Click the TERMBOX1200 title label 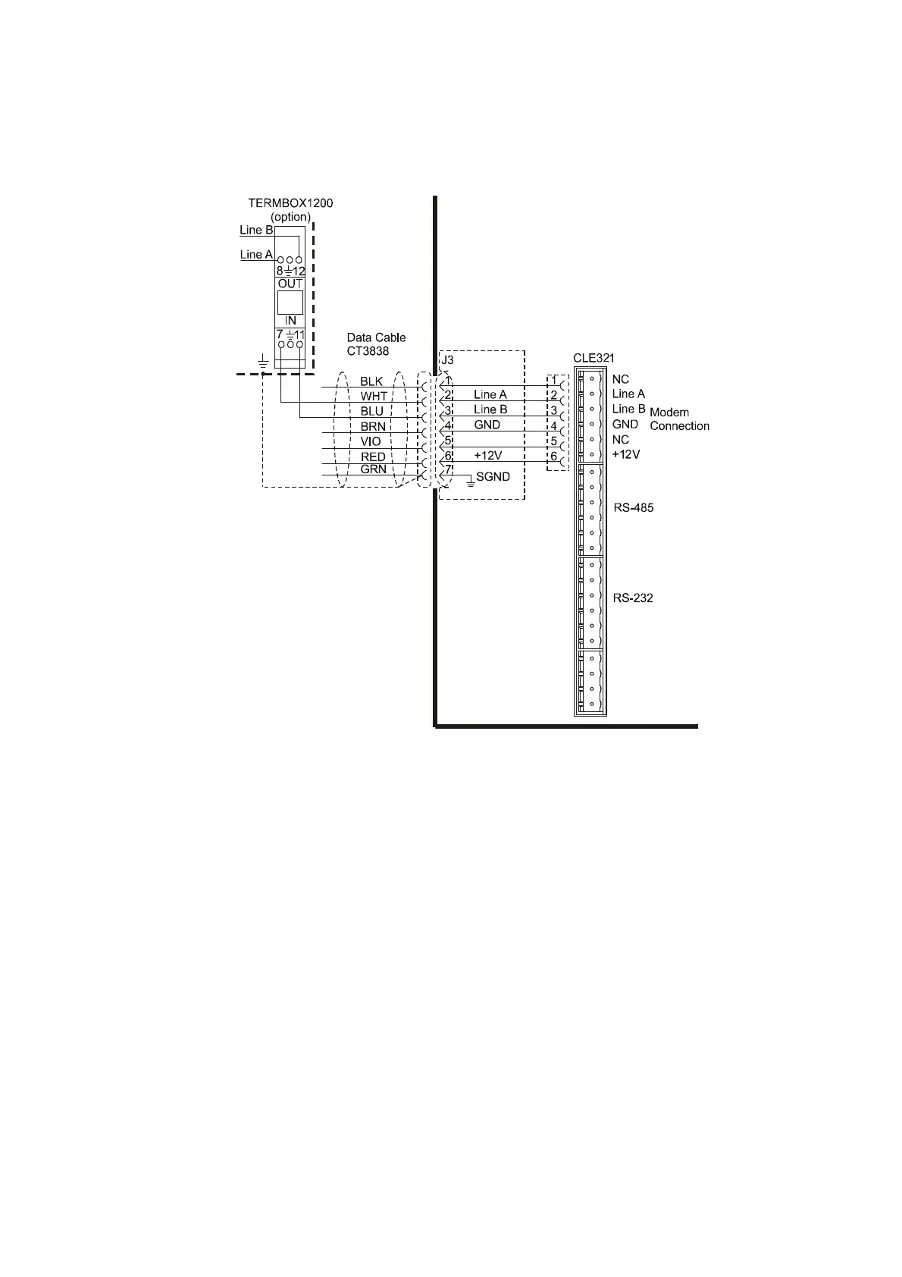tap(290, 203)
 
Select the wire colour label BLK tap(371, 381)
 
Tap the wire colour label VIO tap(371, 441)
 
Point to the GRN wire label tap(373, 469)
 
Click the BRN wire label tap(373, 427)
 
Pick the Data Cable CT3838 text tap(376, 344)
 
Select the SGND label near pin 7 tap(493, 477)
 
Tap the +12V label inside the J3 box tap(488, 456)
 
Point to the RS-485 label tap(633, 508)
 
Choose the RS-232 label tap(633, 598)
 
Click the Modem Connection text tap(679, 419)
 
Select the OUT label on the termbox tap(290, 284)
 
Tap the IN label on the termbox tap(290, 321)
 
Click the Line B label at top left tap(256, 230)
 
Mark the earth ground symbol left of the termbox tap(262, 362)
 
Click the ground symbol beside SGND tap(470, 482)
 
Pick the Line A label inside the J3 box tap(490, 394)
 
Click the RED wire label tap(373, 457)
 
